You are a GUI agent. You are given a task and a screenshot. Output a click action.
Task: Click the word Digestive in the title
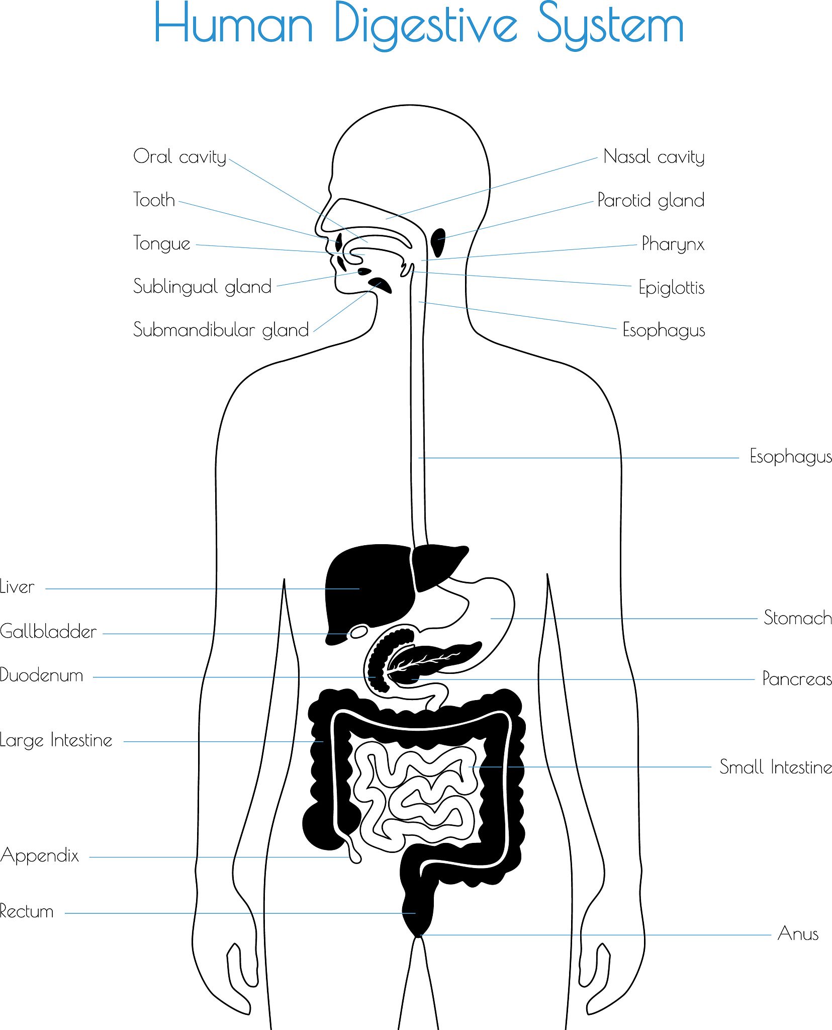426,25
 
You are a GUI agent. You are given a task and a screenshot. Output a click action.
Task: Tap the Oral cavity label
180,156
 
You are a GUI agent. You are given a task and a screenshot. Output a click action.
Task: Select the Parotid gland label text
651,200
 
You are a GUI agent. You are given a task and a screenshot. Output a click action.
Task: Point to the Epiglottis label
672,287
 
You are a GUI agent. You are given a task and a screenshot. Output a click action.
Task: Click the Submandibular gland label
221,329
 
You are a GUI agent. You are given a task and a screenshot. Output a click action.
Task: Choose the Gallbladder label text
48,631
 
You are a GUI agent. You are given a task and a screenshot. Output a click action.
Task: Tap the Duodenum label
42,675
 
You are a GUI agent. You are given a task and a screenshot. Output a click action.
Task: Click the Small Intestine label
776,767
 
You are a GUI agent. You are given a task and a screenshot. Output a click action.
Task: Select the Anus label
798,933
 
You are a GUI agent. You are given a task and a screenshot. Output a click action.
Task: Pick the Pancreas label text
797,678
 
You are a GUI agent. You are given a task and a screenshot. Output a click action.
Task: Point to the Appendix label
40,855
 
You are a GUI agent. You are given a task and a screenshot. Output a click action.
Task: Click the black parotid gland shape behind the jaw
438,242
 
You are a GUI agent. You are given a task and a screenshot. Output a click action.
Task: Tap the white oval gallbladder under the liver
359,631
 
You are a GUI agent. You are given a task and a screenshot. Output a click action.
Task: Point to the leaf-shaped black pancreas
432,661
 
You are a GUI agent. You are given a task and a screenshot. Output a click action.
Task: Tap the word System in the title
611,25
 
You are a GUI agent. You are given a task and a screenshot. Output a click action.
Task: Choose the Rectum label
27,911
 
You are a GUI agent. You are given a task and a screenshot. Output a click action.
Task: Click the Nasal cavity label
654,156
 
